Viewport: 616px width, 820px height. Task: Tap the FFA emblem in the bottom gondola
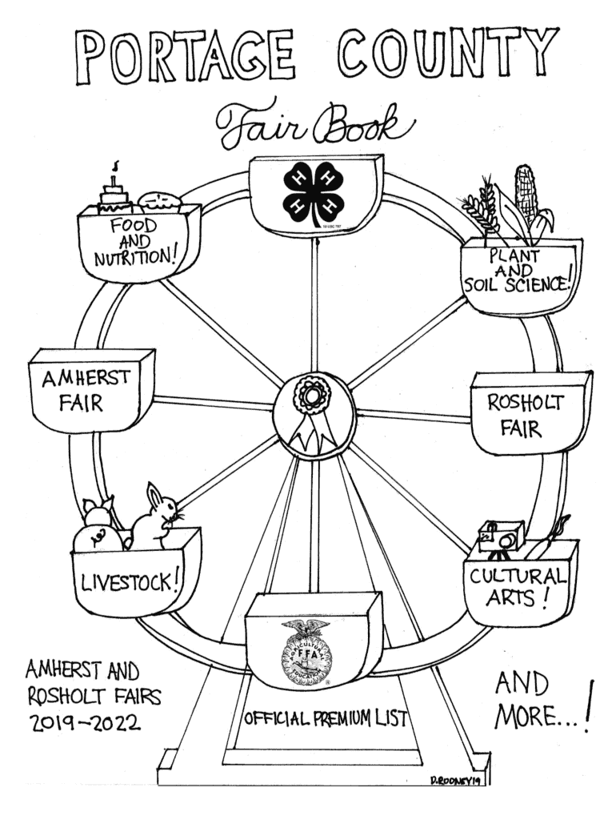(306, 653)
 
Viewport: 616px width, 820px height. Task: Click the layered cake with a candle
(114, 195)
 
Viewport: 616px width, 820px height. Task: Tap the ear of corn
(528, 196)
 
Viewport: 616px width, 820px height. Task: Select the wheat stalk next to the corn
(482, 208)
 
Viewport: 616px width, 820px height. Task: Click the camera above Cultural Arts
(500, 537)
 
